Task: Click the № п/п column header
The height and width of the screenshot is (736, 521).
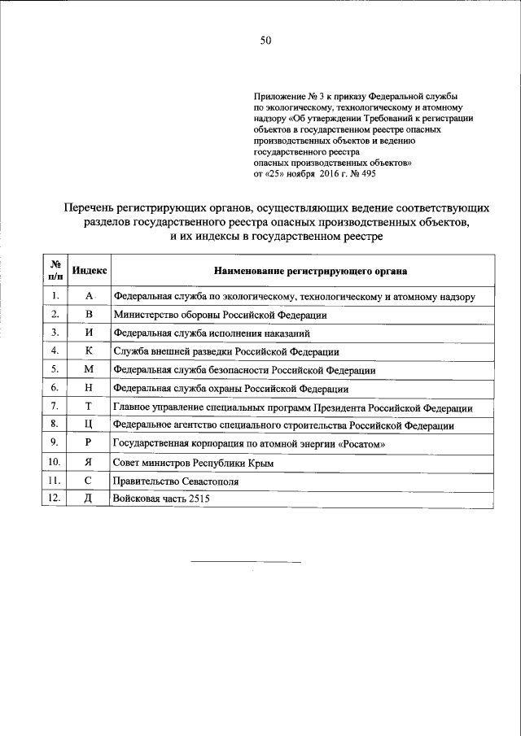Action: point(54,270)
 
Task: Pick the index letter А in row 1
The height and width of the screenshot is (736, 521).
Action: point(90,296)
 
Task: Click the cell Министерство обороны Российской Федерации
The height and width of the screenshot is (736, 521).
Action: point(221,315)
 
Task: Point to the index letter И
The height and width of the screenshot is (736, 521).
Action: point(90,333)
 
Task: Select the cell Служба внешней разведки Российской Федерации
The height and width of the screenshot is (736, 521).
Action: point(225,351)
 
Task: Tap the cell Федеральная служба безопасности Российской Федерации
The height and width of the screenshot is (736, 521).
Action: point(244,370)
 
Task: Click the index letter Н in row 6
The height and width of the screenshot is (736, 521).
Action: point(90,388)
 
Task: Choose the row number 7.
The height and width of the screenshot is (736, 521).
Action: point(54,406)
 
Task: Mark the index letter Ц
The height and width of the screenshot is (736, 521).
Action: point(90,425)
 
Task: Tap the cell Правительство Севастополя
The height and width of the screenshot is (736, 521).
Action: point(170,481)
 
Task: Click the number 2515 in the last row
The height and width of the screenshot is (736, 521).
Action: point(198,499)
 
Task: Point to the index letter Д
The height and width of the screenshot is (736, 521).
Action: point(90,499)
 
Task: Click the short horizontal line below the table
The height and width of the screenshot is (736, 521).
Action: point(246,562)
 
